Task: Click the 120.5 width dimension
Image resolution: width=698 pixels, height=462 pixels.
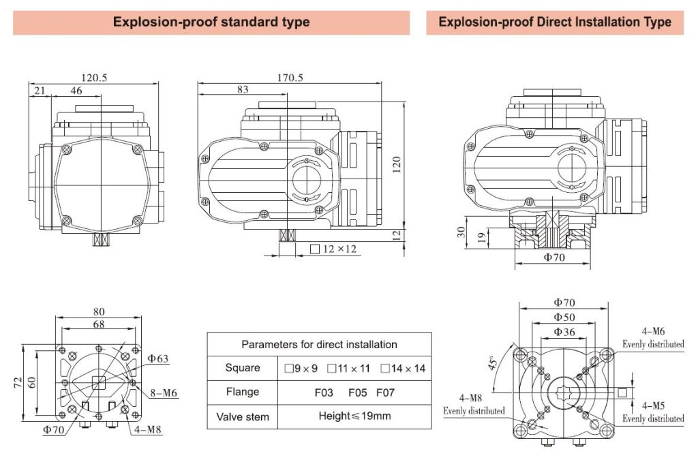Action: point(95,78)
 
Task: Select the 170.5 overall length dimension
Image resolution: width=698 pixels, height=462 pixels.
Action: point(290,78)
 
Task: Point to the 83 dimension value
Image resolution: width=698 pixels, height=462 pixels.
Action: point(242,89)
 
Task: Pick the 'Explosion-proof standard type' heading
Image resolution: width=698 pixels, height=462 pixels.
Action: point(211,22)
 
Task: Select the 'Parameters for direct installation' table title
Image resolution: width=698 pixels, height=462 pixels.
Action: point(319,344)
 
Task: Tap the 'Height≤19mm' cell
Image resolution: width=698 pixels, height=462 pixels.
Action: point(354,416)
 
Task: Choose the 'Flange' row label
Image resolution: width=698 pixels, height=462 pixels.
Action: point(243,392)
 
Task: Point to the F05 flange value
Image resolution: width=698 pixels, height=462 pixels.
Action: point(357,392)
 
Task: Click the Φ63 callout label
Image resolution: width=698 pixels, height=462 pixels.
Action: point(157,358)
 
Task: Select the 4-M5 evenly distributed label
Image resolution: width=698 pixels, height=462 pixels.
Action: point(652,411)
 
